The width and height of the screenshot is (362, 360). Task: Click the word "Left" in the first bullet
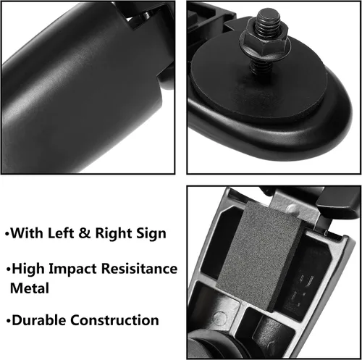coord(61,233)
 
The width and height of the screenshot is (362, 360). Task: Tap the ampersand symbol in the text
coord(84,233)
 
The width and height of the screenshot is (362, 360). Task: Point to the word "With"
coord(27,233)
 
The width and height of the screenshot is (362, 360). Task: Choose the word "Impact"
coord(72,269)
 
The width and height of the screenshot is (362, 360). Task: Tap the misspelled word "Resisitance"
coord(139,269)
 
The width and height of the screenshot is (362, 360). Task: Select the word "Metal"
coord(30,288)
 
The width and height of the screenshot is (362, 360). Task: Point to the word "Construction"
coord(114,320)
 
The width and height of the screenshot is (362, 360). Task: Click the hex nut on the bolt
coord(264,43)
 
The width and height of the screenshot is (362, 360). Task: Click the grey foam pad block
coord(259,256)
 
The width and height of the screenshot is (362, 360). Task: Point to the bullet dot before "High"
coord(9,269)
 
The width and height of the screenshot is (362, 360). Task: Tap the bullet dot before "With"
coord(7,234)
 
